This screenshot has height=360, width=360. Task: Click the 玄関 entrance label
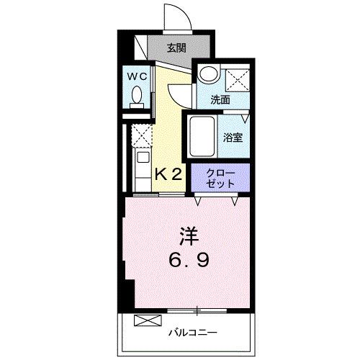pos(176,49)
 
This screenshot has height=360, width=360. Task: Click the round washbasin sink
pos(209,73)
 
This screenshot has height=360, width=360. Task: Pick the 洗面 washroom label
pos(220,101)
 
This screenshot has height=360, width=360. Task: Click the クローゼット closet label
pos(220,178)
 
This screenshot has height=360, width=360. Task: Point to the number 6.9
pos(189,260)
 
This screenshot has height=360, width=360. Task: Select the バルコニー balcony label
pos(194,332)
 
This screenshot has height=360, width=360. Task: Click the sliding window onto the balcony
pos(194,310)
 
